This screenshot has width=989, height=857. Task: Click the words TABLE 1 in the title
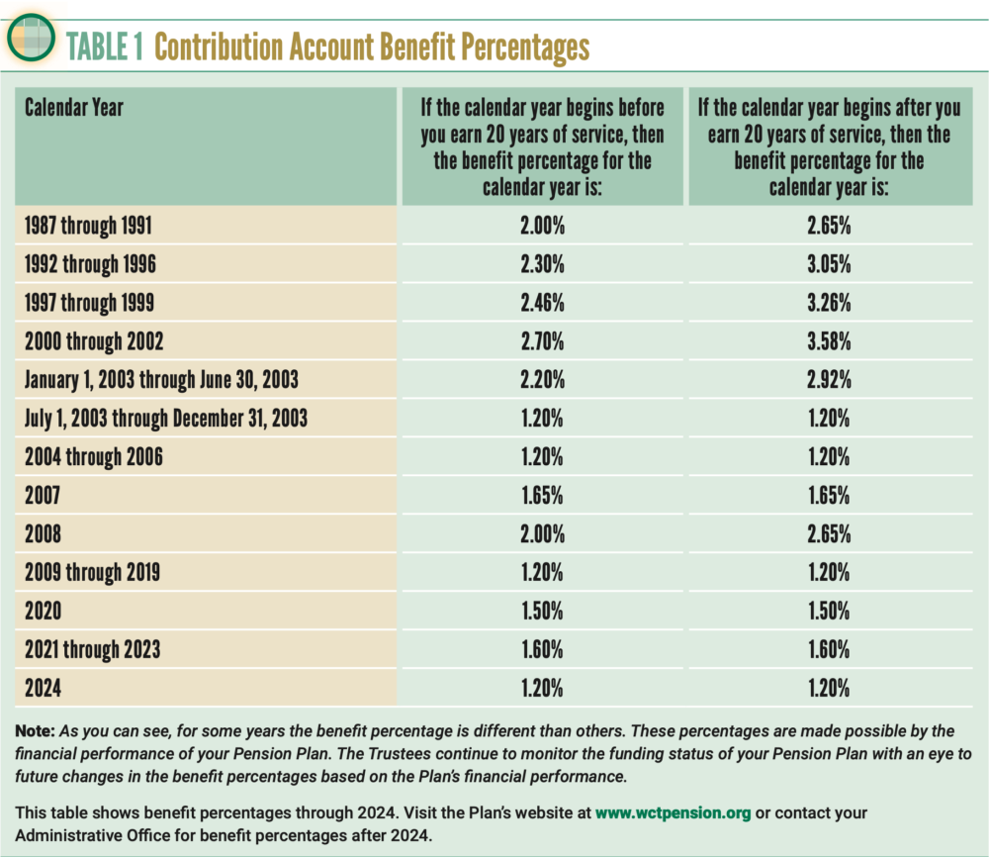click(105, 47)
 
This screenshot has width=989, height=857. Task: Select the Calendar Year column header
click(74, 107)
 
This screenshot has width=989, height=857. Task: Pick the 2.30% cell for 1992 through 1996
click(542, 266)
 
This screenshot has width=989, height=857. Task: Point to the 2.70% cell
click(542, 342)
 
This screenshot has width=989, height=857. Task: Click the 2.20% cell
click(542, 381)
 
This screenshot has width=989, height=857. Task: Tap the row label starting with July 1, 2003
click(166, 419)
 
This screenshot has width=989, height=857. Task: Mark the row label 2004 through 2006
click(94, 457)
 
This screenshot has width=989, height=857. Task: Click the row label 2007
click(43, 496)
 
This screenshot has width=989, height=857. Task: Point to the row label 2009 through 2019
click(92, 573)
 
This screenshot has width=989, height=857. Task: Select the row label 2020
click(43, 611)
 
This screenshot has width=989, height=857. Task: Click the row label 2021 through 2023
click(92, 649)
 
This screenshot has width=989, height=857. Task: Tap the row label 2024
click(43, 688)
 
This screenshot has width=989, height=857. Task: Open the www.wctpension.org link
click(674, 813)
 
